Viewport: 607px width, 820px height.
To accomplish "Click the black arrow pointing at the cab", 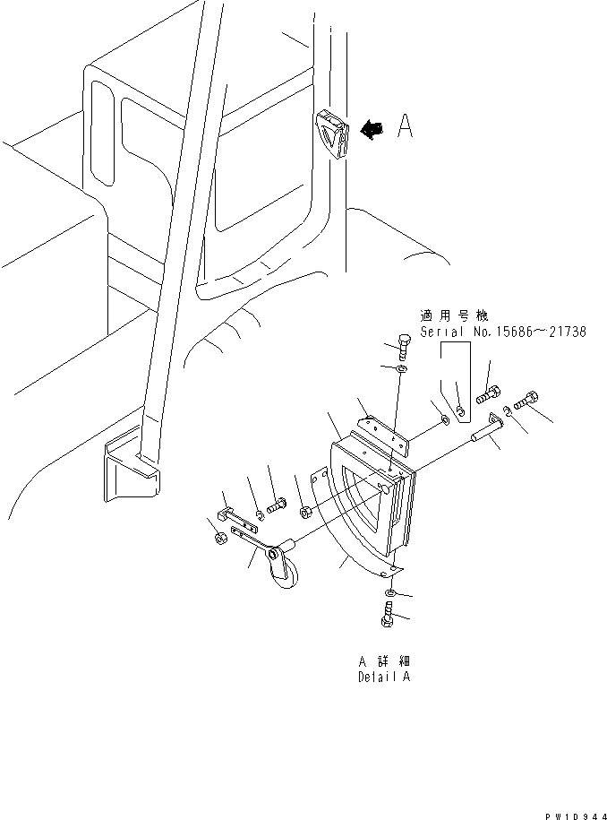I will [x=370, y=131].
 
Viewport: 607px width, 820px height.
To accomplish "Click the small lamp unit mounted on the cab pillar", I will [x=330, y=133].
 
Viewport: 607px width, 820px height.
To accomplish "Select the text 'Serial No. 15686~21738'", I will [x=503, y=331].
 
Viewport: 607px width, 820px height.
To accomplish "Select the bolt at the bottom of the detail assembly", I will [x=388, y=617].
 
